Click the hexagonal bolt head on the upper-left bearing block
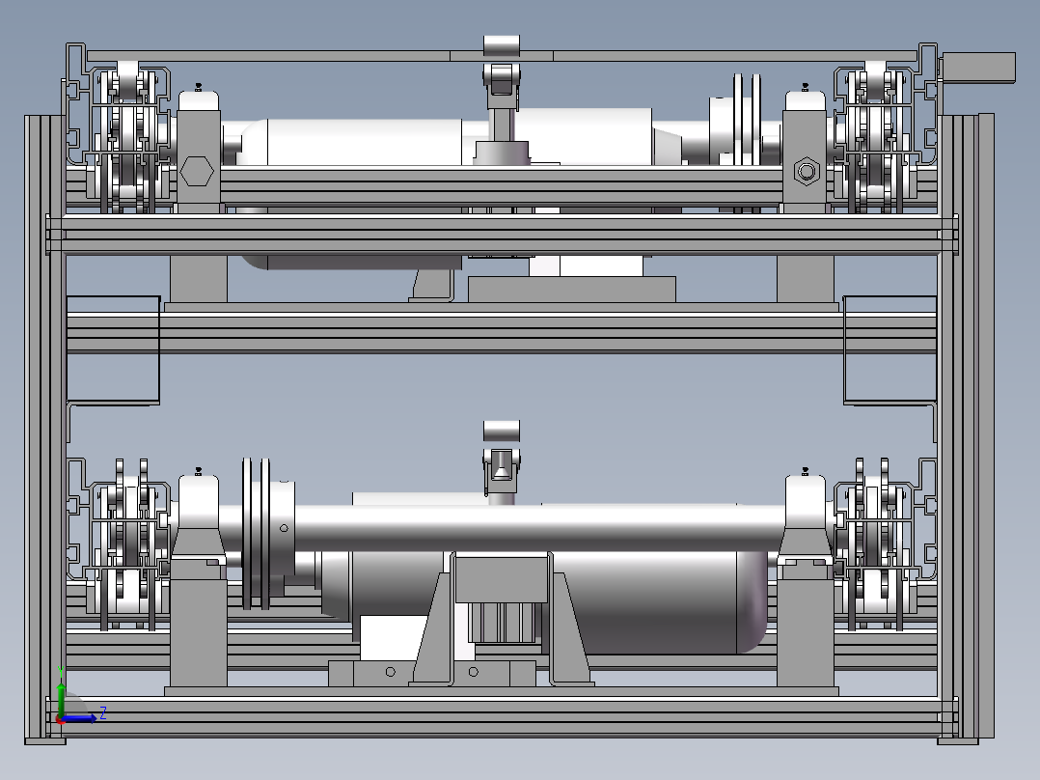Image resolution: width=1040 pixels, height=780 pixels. click(x=197, y=171)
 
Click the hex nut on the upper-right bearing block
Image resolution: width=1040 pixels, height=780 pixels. click(x=807, y=171)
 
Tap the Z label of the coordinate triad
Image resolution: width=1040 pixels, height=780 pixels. click(x=103, y=713)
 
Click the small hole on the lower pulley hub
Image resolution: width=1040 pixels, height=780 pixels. click(x=284, y=528)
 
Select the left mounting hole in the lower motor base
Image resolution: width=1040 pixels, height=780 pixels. click(x=391, y=672)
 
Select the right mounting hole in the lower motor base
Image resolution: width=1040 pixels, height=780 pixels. click(x=473, y=672)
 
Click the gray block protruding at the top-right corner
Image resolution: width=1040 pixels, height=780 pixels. click(x=978, y=68)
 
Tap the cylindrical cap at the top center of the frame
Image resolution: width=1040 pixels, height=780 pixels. click(x=502, y=46)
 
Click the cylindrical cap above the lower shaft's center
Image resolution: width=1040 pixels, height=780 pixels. click(x=502, y=431)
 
